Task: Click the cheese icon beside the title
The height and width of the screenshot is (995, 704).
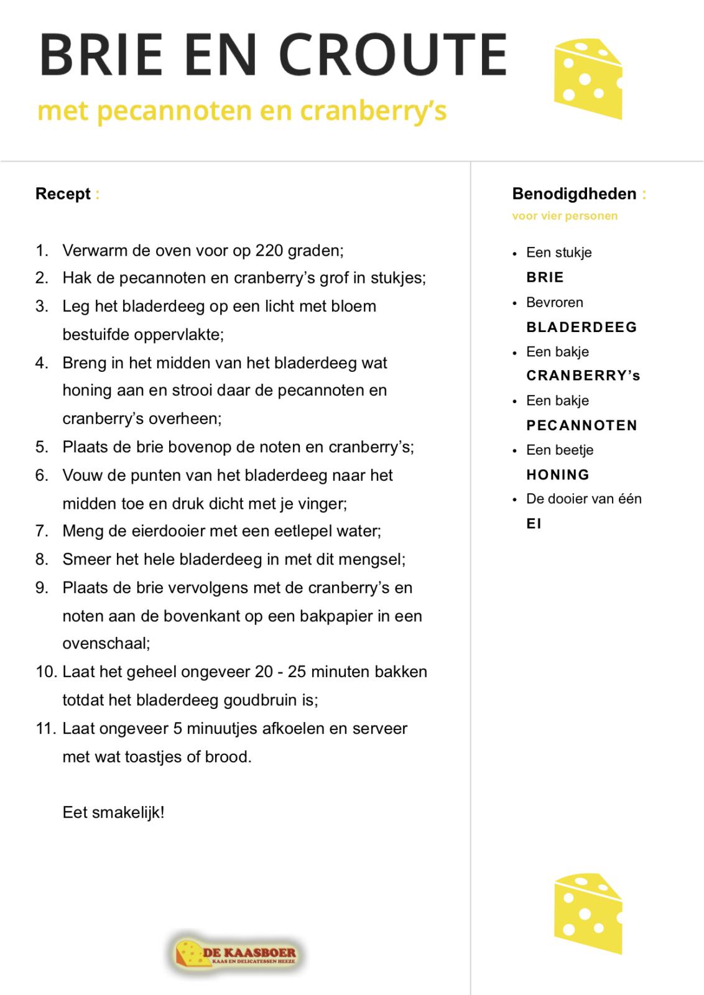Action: coord(587,78)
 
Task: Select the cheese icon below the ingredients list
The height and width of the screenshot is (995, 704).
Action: coord(587,914)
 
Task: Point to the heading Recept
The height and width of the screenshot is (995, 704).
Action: coord(63,194)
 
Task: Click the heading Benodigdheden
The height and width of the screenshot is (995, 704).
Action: coord(574,194)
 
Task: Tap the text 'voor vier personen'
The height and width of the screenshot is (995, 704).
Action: coord(565,216)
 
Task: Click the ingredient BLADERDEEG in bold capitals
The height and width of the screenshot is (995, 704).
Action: coord(581,327)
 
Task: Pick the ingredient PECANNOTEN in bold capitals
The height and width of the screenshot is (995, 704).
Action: coord(581,425)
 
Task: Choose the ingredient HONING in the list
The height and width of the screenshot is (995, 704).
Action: coord(557,475)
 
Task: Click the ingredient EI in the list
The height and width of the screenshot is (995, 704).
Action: coord(534,524)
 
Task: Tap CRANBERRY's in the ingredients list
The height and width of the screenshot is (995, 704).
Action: coord(583,376)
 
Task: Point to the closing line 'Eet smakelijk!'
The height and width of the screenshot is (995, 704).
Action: coord(113,812)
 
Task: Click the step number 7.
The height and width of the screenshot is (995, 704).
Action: coord(42,531)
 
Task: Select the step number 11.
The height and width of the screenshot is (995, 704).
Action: coord(46,728)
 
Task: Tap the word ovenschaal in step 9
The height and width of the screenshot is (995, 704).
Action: coord(105,643)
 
